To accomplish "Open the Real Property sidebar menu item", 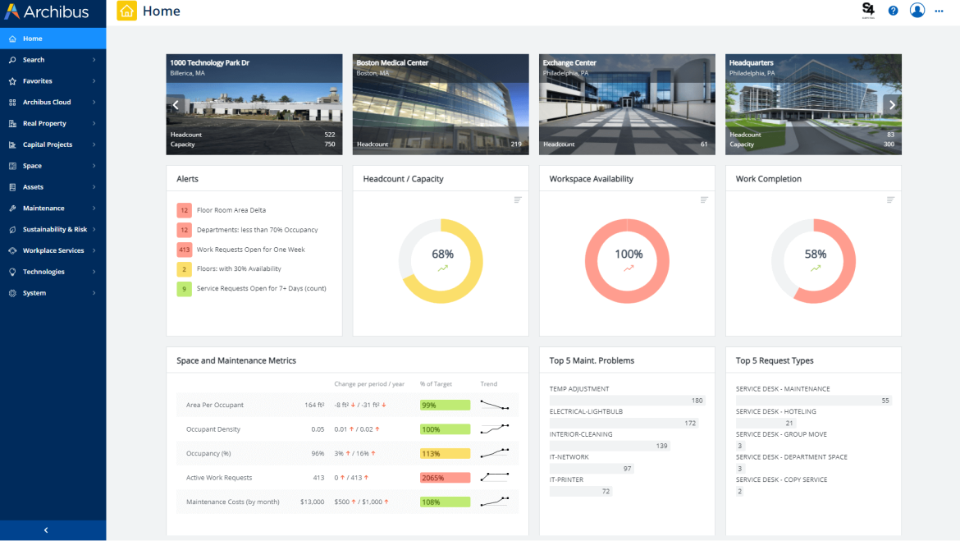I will click(x=44, y=123).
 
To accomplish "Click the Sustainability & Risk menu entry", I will click(x=54, y=229).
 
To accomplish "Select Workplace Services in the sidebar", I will click(x=53, y=250).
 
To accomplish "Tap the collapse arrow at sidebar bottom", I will click(x=46, y=530).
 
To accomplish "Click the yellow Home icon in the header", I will click(x=127, y=11).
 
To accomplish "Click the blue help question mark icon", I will click(x=894, y=11).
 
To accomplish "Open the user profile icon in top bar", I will click(x=917, y=11).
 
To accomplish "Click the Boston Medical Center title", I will click(x=392, y=62).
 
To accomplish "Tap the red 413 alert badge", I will click(x=184, y=250).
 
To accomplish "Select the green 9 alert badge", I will click(x=184, y=288).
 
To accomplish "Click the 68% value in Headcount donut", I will click(x=442, y=254).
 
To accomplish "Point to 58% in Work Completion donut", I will click(x=815, y=254).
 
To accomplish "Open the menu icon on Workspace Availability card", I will click(x=704, y=199).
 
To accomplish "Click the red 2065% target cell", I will click(x=445, y=478).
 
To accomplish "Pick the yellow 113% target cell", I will click(x=445, y=453).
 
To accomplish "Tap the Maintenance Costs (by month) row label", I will click(x=233, y=502).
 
